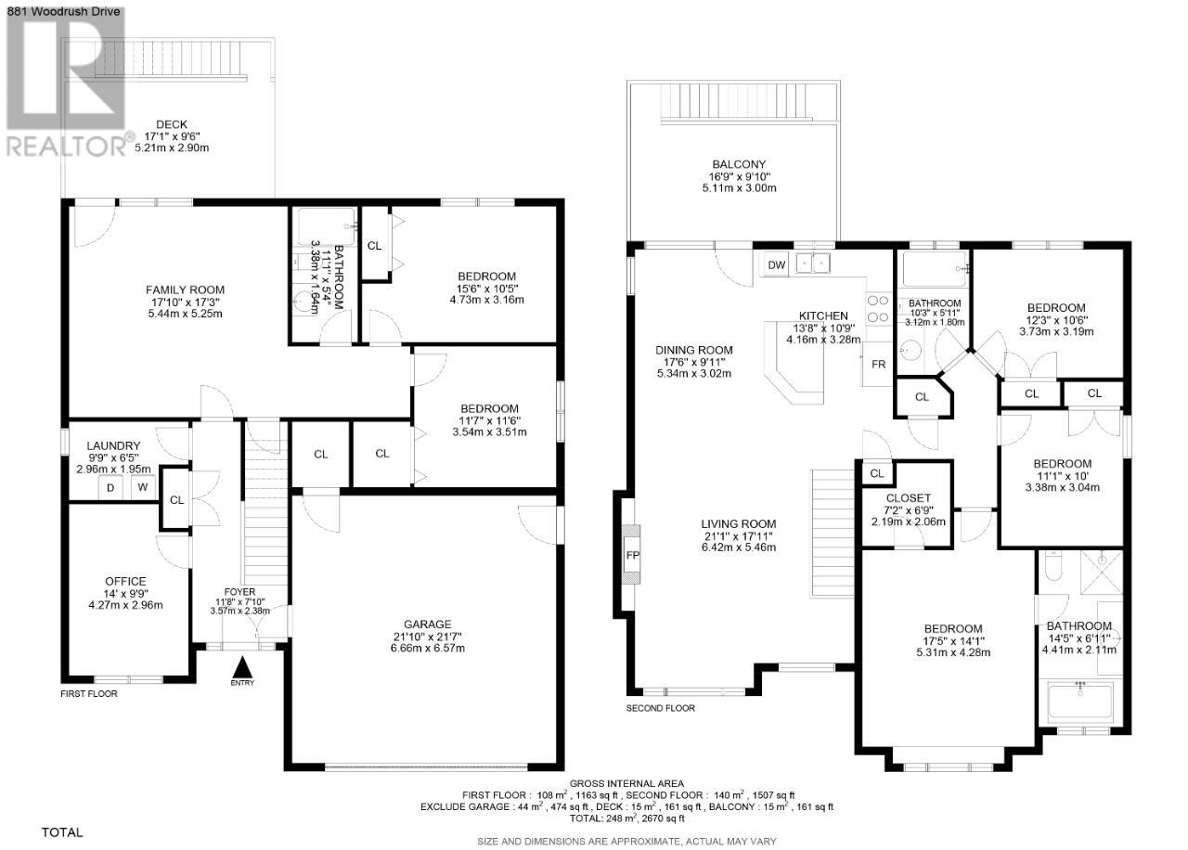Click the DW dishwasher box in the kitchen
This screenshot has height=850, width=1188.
[777, 265]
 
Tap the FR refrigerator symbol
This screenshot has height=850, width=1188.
[878, 365]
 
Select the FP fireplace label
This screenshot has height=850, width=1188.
[633, 556]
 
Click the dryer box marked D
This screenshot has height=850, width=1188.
[110, 488]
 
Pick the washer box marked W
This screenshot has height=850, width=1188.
[143, 487]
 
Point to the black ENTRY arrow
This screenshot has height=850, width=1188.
[242, 666]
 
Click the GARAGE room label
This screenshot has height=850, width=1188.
[428, 625]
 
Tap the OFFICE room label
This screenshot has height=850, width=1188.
[125, 581]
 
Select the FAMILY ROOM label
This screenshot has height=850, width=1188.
[185, 290]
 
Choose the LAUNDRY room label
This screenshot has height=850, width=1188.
[113, 446]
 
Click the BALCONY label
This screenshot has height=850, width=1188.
[739, 164]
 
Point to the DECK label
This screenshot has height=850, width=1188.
[172, 124]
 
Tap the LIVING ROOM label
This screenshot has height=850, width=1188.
[739, 523]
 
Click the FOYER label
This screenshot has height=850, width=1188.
[239, 592]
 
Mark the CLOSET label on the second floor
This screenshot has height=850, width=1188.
[909, 498]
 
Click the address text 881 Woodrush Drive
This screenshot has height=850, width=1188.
[60, 11]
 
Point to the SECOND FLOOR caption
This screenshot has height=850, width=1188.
[660, 708]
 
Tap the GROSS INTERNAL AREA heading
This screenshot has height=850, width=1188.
[626, 783]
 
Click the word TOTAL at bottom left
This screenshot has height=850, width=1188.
[62, 832]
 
